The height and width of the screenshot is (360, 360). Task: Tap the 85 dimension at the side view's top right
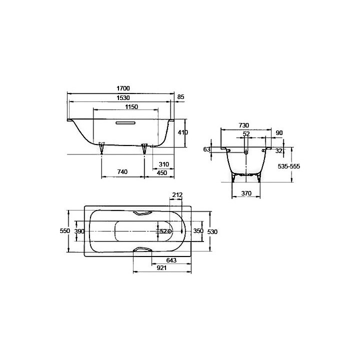[180, 97]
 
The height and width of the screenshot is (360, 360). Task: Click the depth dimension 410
[182, 132]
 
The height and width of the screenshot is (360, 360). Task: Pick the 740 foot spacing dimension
[122, 172]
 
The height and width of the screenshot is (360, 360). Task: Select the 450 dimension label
[162, 172]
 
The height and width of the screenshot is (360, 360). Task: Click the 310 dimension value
[163, 164]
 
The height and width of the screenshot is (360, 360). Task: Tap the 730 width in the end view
[243, 125]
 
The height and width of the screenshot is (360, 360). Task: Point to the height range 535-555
[288, 166]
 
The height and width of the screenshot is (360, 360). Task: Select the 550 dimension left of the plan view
[64, 231]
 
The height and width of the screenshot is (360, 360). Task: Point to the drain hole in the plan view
[170, 231]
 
